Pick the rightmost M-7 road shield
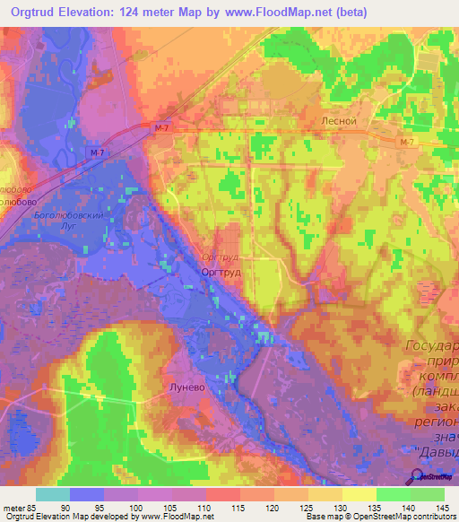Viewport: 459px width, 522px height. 407,143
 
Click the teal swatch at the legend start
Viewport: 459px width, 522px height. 53,494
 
